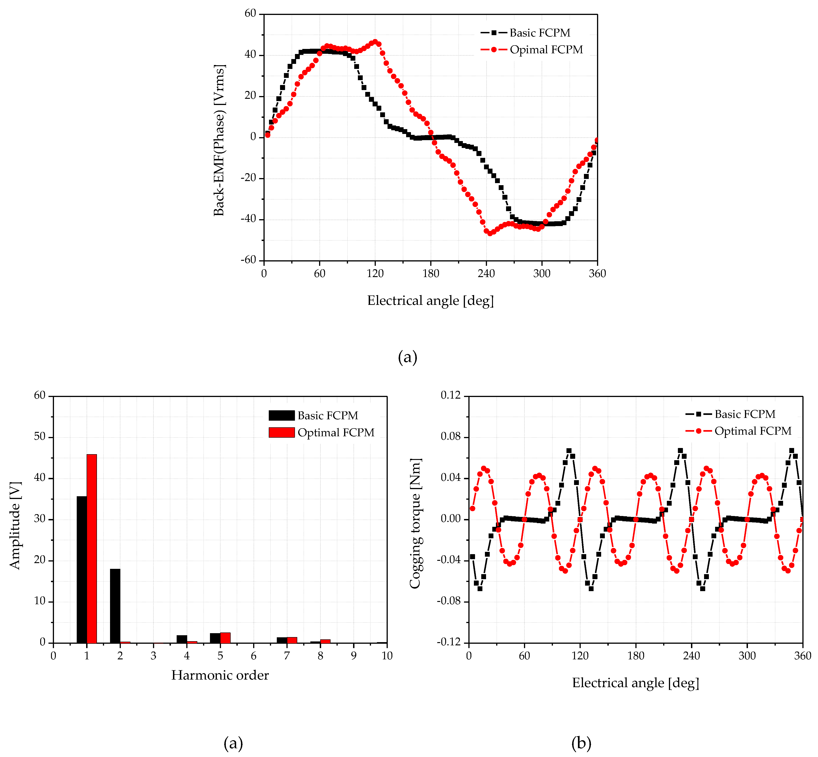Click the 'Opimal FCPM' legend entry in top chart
pos(546,50)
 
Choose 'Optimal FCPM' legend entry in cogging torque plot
pos(753,431)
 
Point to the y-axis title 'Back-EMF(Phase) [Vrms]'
pos(219,140)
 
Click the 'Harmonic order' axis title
pos(220,675)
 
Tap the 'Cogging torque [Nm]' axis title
pos(415,524)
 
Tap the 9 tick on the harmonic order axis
pos(354,656)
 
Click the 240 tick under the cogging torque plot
pos(691,656)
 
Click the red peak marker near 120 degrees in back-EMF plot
pos(375,42)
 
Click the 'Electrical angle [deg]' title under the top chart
pos(430,301)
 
